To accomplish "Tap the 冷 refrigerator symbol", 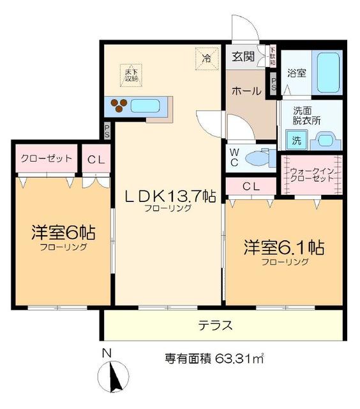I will click(x=206, y=58).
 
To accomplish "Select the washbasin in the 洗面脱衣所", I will click(x=326, y=139).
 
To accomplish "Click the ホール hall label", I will click(x=246, y=91).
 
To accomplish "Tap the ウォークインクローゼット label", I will click(x=311, y=176).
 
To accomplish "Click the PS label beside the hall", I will click(x=273, y=82).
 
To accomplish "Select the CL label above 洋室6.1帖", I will click(x=251, y=186).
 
